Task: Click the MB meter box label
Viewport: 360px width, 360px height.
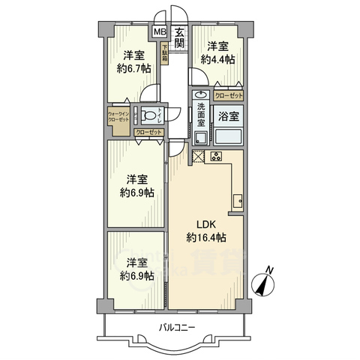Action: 159,32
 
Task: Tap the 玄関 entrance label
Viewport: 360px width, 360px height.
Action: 181,37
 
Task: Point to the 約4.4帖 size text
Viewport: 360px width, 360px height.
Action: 217,61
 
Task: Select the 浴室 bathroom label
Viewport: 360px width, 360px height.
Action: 229,116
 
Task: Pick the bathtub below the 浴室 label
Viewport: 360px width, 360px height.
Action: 229,136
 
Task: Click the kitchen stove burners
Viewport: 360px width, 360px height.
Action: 217,157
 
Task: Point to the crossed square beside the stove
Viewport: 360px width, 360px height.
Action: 199,157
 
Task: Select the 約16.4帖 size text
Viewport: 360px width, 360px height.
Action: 206,238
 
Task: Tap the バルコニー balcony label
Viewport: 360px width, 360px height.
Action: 177,327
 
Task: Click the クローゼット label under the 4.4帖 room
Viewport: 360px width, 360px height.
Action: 229,96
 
